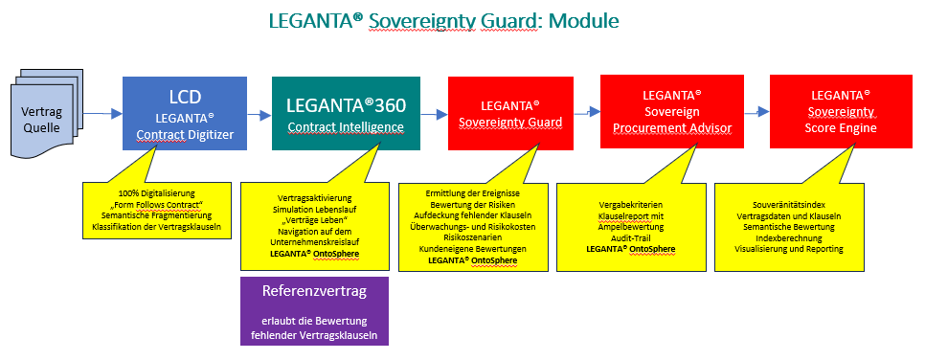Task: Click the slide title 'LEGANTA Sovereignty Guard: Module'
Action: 443,21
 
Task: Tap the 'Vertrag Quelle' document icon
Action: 42,118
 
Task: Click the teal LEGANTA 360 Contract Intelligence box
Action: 346,113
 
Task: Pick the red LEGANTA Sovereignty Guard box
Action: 511,113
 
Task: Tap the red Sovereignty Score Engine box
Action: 841,111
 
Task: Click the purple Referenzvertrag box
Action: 314,311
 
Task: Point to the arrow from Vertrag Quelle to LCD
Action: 102,113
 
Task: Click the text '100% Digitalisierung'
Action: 156,193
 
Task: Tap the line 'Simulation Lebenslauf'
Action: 314,209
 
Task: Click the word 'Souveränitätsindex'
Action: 789,204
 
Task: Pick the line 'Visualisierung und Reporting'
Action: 789,249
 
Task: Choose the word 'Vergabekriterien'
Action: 630,204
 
